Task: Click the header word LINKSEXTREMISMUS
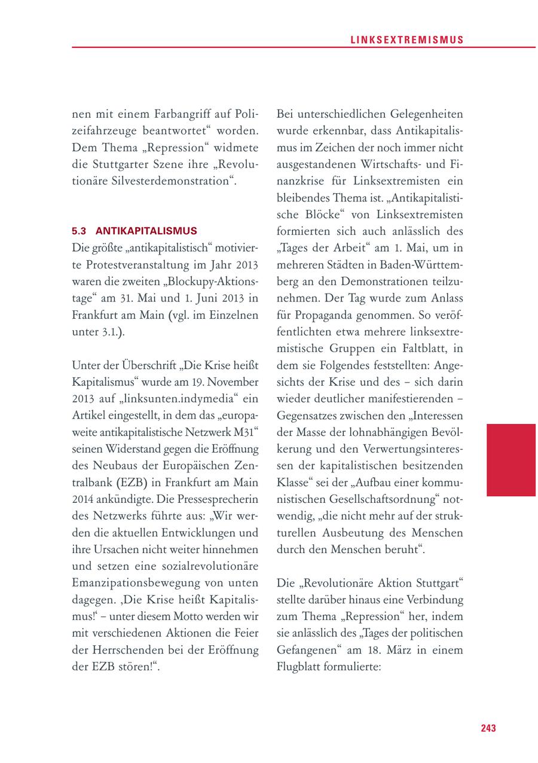coord(406,39)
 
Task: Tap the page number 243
coord(488,728)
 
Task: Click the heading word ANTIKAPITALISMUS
coord(146,230)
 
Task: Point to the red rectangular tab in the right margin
coord(511,460)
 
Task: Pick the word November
coord(228,381)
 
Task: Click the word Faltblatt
coord(426,348)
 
